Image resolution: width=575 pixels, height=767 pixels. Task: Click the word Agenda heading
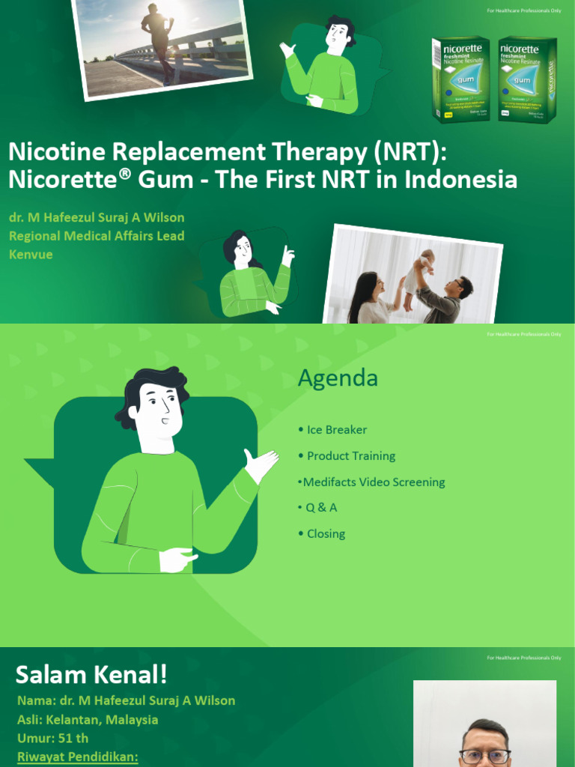338,378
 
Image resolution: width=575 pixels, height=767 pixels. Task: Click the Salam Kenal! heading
91,676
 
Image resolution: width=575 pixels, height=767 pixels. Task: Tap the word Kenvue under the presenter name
31,255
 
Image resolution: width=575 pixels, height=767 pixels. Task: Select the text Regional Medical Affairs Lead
97,236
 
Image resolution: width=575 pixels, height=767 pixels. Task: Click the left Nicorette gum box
460,78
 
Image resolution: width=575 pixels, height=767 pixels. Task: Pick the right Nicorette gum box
527,78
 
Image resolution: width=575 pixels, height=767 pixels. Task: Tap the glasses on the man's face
485,756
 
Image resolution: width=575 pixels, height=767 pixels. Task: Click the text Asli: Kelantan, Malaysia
88,720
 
